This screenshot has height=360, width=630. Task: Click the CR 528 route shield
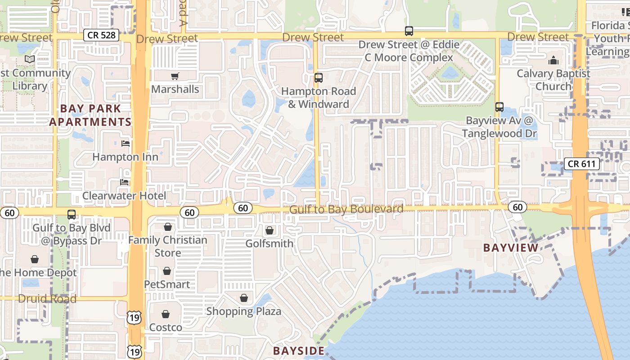(101, 35)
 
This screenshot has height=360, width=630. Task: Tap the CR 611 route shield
(582, 164)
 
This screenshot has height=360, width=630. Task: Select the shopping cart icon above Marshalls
(175, 76)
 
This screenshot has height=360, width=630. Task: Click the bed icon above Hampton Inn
(126, 144)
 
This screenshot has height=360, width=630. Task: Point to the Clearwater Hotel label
(124, 196)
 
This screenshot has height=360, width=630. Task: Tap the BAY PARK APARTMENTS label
(90, 115)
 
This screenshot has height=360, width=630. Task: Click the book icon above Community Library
(30, 59)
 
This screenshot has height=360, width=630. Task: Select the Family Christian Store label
(168, 246)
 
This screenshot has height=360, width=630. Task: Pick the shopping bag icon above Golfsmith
(269, 231)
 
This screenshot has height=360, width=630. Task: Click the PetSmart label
(167, 284)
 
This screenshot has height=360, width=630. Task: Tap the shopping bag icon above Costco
(166, 314)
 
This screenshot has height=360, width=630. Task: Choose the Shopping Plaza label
(243, 311)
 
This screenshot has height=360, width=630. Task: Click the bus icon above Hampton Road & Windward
(319, 78)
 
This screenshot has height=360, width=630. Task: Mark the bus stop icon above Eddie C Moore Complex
(409, 31)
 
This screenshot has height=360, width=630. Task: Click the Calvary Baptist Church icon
(553, 60)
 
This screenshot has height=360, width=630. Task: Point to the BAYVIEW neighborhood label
(511, 247)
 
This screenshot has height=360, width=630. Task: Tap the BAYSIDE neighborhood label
(299, 351)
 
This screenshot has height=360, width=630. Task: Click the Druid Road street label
(47, 299)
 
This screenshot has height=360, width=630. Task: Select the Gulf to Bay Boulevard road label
(346, 209)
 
